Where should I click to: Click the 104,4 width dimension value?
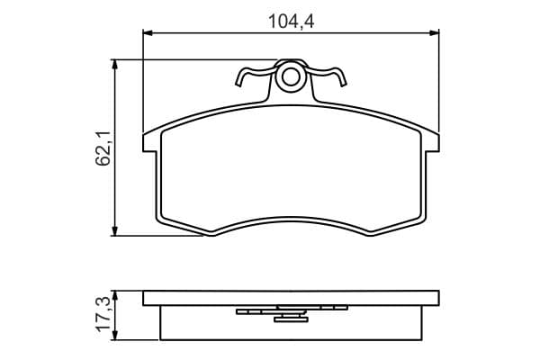click(x=291, y=22)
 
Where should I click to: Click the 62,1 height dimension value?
click(x=103, y=148)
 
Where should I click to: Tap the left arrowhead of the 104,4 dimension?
click(x=148, y=33)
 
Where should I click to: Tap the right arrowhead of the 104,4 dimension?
click(x=435, y=33)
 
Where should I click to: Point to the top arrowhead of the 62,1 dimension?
click(x=115, y=65)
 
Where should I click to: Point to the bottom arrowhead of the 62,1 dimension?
click(x=115, y=231)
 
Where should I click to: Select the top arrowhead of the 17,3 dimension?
click(x=115, y=295)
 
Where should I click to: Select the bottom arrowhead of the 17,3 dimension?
click(x=115, y=336)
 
